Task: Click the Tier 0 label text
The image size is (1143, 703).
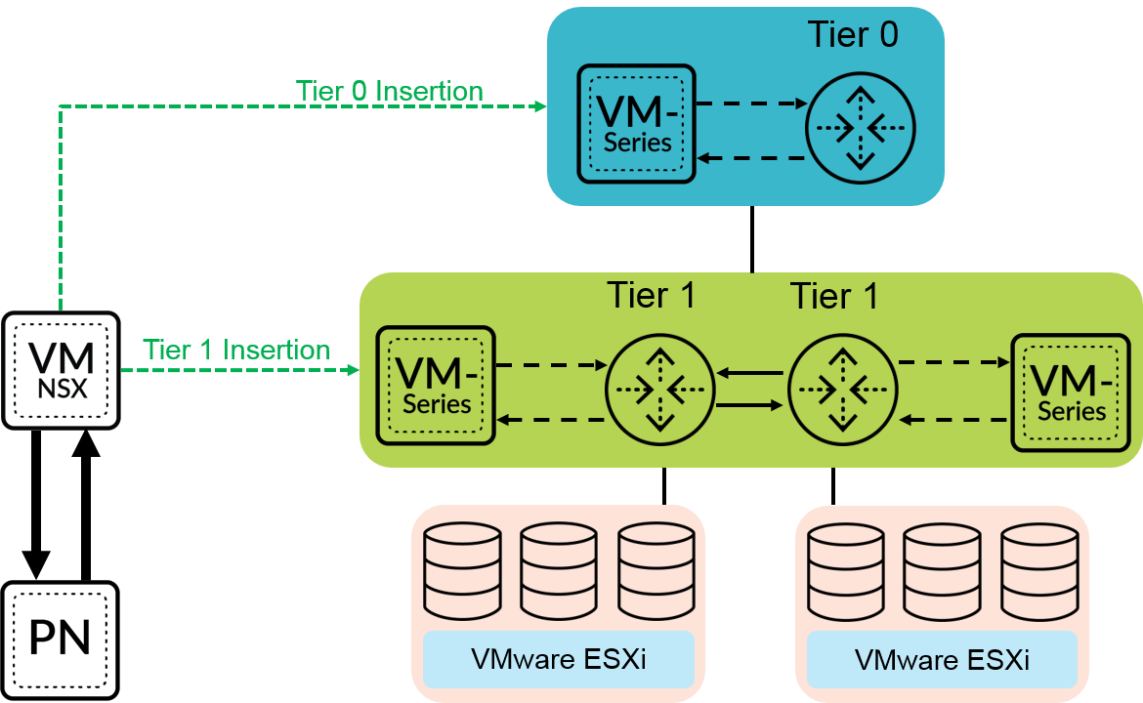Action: coord(852,35)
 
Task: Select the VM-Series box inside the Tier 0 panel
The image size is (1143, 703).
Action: coord(636,124)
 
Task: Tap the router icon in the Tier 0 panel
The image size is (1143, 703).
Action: coord(860,128)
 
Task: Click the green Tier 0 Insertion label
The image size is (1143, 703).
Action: coord(390,92)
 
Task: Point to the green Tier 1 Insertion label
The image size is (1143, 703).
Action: coord(236,350)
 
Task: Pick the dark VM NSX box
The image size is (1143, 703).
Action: coord(61,371)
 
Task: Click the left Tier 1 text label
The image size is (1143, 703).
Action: coord(652,295)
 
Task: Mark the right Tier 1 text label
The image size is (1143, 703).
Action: coord(833,295)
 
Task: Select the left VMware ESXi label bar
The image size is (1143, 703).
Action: coord(558,659)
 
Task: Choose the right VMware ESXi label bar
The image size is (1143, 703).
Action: coord(942,659)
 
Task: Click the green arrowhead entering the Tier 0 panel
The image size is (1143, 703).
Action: coord(540,106)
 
